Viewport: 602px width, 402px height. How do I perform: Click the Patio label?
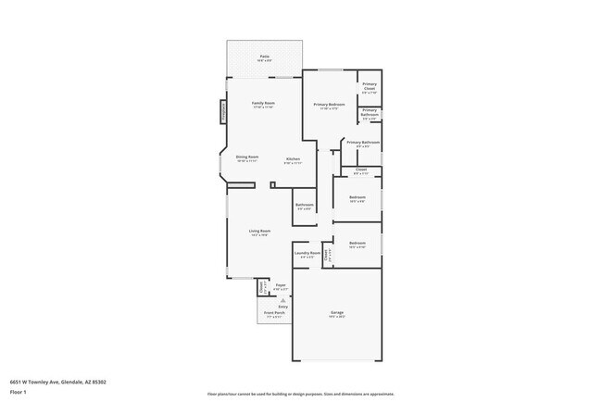pos(265,57)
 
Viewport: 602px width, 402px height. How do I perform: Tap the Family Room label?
pos(264,104)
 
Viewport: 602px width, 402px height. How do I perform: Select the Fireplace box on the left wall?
pos(223,112)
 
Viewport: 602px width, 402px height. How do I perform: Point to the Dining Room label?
pos(247,158)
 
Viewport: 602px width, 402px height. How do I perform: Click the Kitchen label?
pos(293,159)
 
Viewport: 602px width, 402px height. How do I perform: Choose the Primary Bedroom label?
pos(329,105)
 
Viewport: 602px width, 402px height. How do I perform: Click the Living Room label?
pos(259,232)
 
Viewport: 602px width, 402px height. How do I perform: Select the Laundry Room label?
pos(307,253)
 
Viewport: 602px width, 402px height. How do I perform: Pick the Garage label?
pos(337,313)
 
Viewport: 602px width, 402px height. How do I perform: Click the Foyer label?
pos(280,286)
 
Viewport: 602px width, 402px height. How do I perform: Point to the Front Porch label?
pos(273,314)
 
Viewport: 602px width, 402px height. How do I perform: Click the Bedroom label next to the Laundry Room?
pos(357,245)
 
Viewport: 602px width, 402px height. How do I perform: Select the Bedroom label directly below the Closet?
pos(357,197)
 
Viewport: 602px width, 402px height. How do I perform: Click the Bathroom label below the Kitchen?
pos(305,206)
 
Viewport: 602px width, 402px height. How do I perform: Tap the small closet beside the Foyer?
pos(263,289)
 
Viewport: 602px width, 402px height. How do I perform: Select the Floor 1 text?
pos(19,392)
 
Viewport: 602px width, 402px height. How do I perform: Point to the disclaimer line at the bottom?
pos(301,395)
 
